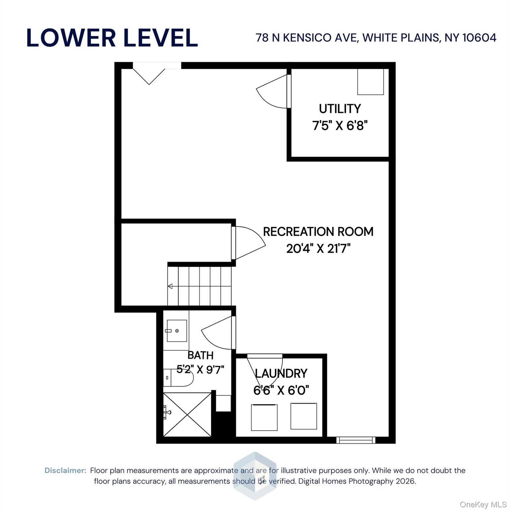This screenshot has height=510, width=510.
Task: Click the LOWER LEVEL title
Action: coord(112,38)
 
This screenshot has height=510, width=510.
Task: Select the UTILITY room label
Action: coord(340,109)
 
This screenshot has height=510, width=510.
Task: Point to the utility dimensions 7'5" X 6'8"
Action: coord(340,126)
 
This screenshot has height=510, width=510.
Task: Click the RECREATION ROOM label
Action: coord(318,231)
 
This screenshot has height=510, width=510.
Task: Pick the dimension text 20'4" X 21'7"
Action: coord(318,248)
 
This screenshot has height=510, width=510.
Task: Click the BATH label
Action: coord(200,355)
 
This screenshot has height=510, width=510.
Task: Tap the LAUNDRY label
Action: coord(281,374)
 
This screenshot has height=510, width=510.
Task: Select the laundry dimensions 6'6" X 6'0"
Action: coord(281,390)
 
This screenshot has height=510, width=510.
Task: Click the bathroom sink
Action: coord(177,331)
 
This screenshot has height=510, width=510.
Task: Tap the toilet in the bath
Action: coord(178,378)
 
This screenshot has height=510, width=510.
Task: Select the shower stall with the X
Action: coord(187,414)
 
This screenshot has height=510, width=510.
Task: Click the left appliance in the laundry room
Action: coord(264,417)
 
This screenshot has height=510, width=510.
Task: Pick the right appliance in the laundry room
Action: coord(303,416)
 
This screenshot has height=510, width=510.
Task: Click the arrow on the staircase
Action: coord(170,286)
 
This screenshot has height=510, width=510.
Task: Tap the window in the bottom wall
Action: coord(356,440)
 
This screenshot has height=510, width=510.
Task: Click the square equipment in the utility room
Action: coord(370,82)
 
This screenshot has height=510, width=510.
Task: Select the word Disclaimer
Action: coord(65,470)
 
